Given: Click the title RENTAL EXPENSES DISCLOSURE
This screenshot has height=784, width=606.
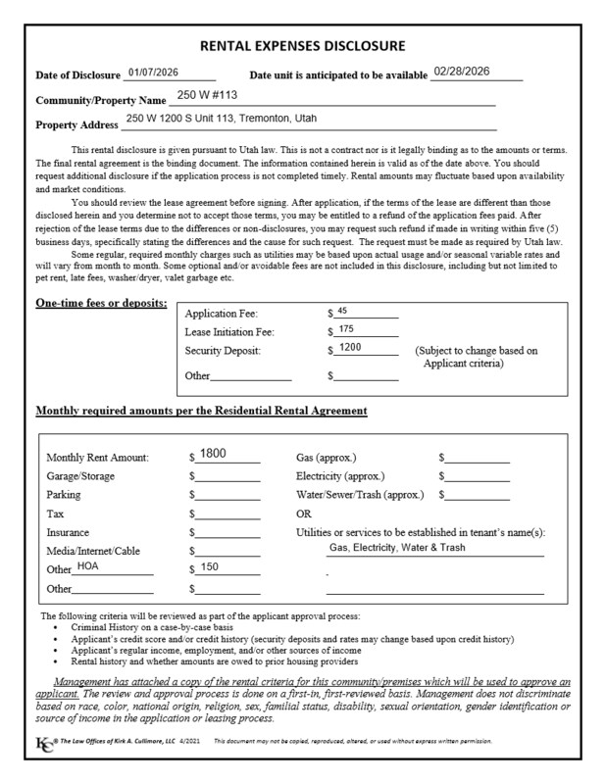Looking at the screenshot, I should coord(302,46).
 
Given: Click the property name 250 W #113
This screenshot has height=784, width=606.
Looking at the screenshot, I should coord(208,96).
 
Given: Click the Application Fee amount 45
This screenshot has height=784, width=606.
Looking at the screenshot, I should coord(342,311).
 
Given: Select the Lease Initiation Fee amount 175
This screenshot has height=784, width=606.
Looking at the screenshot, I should coord(345,329).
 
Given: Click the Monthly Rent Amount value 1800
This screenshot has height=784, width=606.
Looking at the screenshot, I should coord(213,454).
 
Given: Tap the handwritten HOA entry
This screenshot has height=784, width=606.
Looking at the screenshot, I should coord(88,566).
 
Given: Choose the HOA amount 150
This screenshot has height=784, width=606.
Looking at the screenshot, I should coord(210,567).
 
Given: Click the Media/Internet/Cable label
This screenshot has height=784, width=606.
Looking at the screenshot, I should coord(93,551).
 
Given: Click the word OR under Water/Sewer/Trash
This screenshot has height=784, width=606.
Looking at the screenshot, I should coord(304,514).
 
